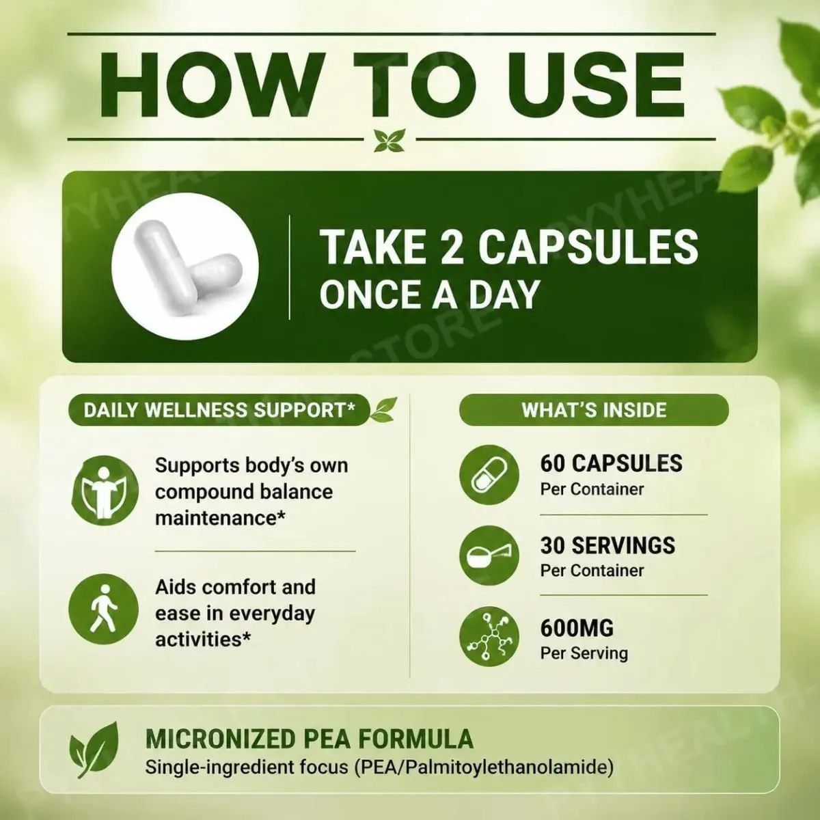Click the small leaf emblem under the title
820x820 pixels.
click(x=389, y=140)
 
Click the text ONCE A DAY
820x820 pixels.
click(x=430, y=295)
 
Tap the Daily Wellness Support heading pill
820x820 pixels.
click(x=219, y=410)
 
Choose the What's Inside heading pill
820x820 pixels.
click(x=594, y=410)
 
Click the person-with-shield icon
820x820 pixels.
click(x=105, y=490)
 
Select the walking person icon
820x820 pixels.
click(x=103, y=609)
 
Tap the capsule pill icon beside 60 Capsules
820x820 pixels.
click(x=489, y=474)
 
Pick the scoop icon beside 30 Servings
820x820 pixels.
click(x=489, y=556)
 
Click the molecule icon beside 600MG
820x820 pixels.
click(x=489, y=636)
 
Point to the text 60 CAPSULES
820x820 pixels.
click(x=611, y=463)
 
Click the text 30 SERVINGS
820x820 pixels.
click(x=607, y=545)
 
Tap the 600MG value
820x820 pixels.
click(x=577, y=628)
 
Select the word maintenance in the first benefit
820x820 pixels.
click(x=220, y=518)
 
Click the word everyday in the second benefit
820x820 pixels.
click(x=273, y=614)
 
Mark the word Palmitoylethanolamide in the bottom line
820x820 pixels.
click(x=507, y=768)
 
